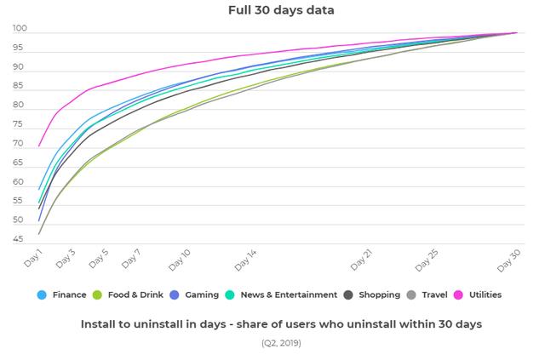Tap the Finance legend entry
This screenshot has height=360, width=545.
[69, 295]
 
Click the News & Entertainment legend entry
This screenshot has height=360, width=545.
[287, 295]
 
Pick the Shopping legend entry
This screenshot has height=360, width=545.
[379, 295]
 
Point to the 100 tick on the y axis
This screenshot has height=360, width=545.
[20, 29]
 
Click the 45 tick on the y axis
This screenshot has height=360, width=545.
[19, 239]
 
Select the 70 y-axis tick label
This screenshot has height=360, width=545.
[19, 144]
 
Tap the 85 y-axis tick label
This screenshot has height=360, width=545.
[19, 87]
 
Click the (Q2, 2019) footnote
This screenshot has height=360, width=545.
[281, 343]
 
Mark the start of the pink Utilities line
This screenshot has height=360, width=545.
[39, 145]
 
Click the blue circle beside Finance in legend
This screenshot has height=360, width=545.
[42, 295]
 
